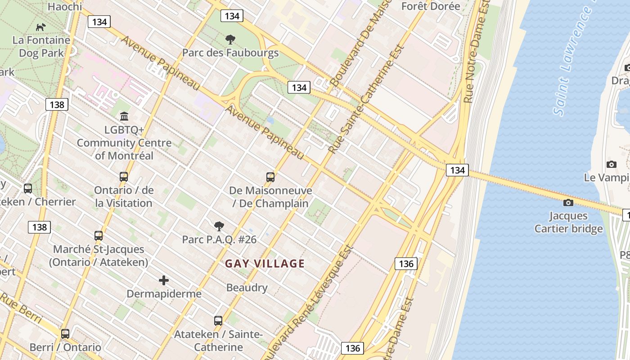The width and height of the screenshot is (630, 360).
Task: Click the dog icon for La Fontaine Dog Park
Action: (41, 27)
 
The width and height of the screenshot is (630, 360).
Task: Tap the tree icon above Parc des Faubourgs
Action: (230, 40)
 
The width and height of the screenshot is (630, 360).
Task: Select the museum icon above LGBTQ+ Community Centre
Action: (124, 117)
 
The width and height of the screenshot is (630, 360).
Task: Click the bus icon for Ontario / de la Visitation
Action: (124, 177)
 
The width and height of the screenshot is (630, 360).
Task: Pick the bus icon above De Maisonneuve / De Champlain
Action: (270, 177)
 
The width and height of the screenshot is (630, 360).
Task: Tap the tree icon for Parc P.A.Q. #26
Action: (219, 226)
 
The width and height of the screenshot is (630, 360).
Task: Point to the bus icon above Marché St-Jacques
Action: (99, 235)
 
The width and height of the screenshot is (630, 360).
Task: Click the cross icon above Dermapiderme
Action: (164, 280)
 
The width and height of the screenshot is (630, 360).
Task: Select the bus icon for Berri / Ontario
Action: (65, 334)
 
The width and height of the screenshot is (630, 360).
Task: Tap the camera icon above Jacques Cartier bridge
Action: (568, 203)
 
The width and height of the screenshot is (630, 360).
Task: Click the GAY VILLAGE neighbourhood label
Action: (265, 264)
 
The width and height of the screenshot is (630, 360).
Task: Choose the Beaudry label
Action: (247, 288)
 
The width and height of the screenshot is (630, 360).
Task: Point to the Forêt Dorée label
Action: (431, 6)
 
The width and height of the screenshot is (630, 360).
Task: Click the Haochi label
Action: (65, 6)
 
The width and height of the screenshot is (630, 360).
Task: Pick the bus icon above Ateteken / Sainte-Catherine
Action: (218, 321)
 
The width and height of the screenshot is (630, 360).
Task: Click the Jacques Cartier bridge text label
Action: (568, 222)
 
